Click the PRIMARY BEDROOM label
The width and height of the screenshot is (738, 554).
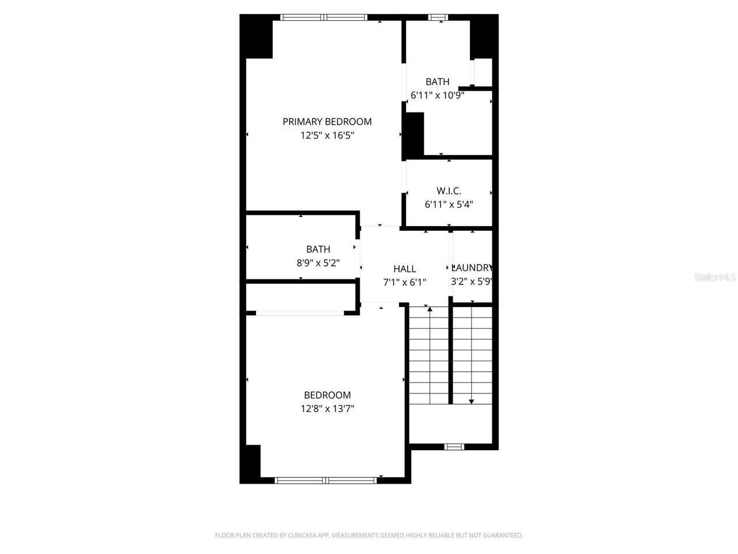(327, 121)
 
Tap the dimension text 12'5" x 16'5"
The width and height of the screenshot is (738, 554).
(327, 136)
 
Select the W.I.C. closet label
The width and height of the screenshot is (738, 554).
(449, 190)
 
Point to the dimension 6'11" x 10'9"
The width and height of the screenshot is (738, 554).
(437, 95)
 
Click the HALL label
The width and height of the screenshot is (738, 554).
(405, 268)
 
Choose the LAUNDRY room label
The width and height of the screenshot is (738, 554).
(472, 268)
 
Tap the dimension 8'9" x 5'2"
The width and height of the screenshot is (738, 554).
(318, 263)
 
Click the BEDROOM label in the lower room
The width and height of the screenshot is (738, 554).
(327, 395)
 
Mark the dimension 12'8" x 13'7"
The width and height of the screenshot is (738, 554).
(327, 409)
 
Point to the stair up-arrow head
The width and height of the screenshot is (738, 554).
(430, 310)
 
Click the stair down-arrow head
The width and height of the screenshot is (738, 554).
(472, 401)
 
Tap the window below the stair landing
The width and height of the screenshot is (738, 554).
(454, 446)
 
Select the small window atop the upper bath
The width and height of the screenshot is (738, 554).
(438, 17)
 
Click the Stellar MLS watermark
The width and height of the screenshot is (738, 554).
(715, 278)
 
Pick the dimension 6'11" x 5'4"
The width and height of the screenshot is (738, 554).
(449, 204)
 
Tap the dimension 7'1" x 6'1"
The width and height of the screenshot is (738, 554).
(405, 282)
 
